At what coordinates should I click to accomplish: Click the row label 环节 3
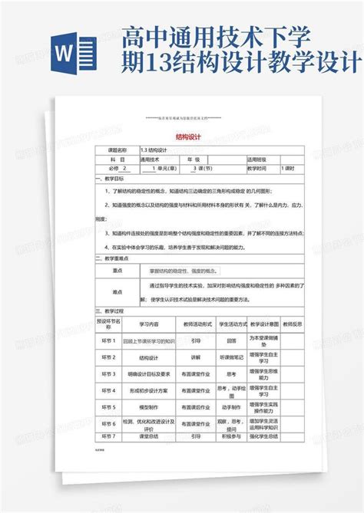pyautogui.click(x=109, y=373)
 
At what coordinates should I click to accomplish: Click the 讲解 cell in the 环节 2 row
pyautogui.click(x=195, y=357)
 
